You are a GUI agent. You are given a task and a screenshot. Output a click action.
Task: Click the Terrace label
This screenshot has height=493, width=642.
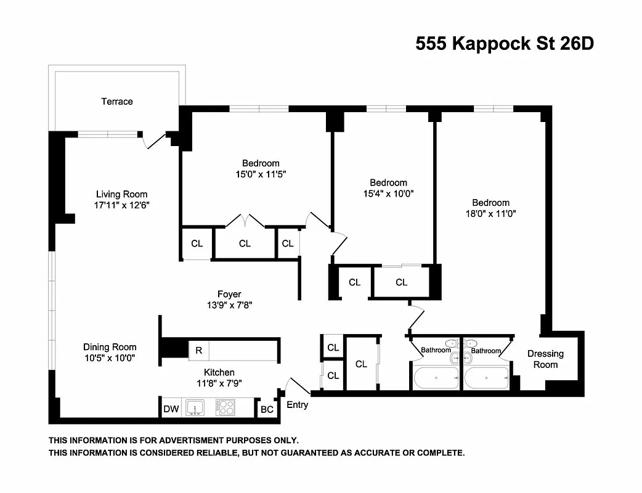pyautogui.click(x=117, y=102)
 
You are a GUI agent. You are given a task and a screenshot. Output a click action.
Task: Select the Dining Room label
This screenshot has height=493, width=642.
pyautogui.click(x=110, y=347)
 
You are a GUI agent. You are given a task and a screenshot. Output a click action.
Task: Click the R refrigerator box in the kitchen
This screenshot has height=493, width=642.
pyautogui.click(x=198, y=350)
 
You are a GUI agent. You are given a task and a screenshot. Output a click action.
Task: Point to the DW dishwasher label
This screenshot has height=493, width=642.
pyautogui.click(x=171, y=409)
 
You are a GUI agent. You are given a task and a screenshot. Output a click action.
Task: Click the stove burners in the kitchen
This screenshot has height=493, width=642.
pyautogui.click(x=226, y=408)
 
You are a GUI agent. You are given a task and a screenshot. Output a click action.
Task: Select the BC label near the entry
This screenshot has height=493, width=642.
pyautogui.click(x=267, y=409)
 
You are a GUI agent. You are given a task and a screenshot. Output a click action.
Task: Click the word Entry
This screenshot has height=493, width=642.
pyautogui.click(x=297, y=405)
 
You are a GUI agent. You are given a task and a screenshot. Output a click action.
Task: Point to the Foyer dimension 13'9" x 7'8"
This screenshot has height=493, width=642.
pyautogui.click(x=229, y=304)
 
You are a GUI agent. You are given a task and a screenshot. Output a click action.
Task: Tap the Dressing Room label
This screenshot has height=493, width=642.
pyautogui.click(x=545, y=359)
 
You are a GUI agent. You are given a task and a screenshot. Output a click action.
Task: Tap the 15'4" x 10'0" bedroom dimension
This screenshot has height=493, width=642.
pyautogui.click(x=388, y=193)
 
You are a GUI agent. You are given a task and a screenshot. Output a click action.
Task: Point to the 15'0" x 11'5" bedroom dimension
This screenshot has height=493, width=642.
pyautogui.click(x=261, y=174)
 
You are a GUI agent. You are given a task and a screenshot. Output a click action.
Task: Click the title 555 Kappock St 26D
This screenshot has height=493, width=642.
pyautogui.click(x=504, y=44)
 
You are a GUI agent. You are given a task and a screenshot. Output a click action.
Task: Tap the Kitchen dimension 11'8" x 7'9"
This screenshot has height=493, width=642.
pyautogui.click(x=219, y=383)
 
